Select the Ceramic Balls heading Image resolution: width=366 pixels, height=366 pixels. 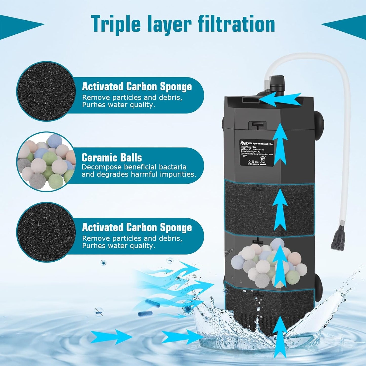tap(112, 158)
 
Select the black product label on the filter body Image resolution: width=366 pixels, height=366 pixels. tap(256, 152)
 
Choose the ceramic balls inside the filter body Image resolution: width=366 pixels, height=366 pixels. tap(268, 263)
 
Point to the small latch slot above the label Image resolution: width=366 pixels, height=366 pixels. tap(257, 125)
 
